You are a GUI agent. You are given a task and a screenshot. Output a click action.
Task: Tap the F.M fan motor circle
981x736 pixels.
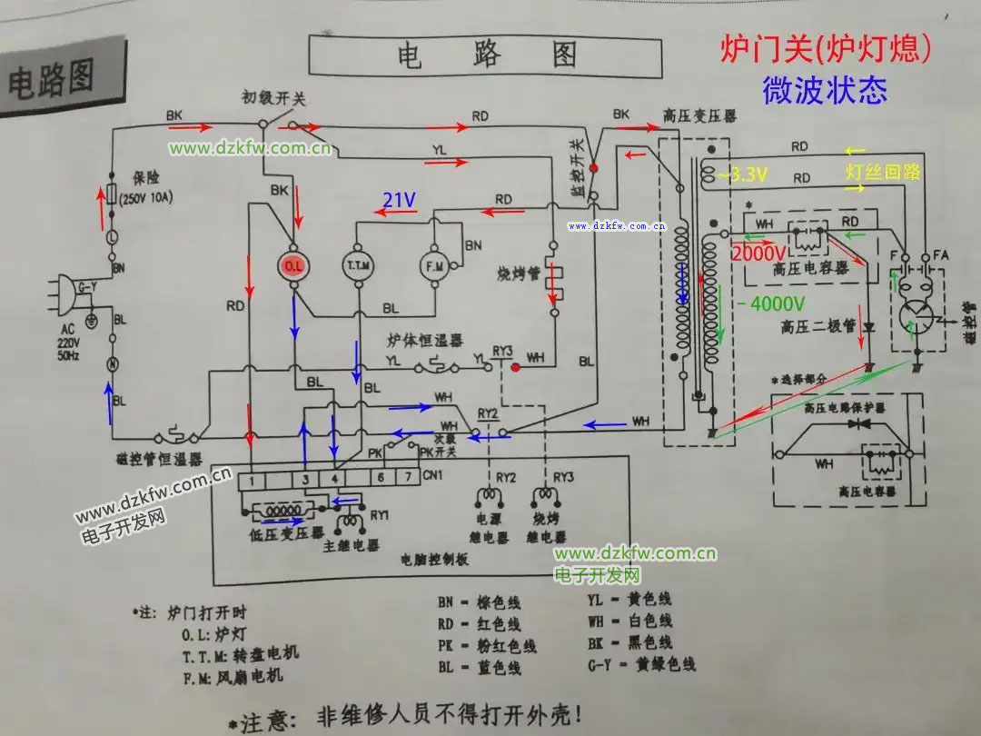point(432,266)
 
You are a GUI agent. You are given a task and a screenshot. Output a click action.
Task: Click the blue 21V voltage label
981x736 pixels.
point(399,200)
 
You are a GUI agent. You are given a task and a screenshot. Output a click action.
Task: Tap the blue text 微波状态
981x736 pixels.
point(824,90)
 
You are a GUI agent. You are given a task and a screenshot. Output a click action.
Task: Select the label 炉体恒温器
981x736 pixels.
point(425,341)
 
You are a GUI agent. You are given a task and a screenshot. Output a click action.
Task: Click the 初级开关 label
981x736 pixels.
point(272,98)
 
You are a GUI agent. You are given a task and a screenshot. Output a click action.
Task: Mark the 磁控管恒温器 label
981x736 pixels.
point(159,460)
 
